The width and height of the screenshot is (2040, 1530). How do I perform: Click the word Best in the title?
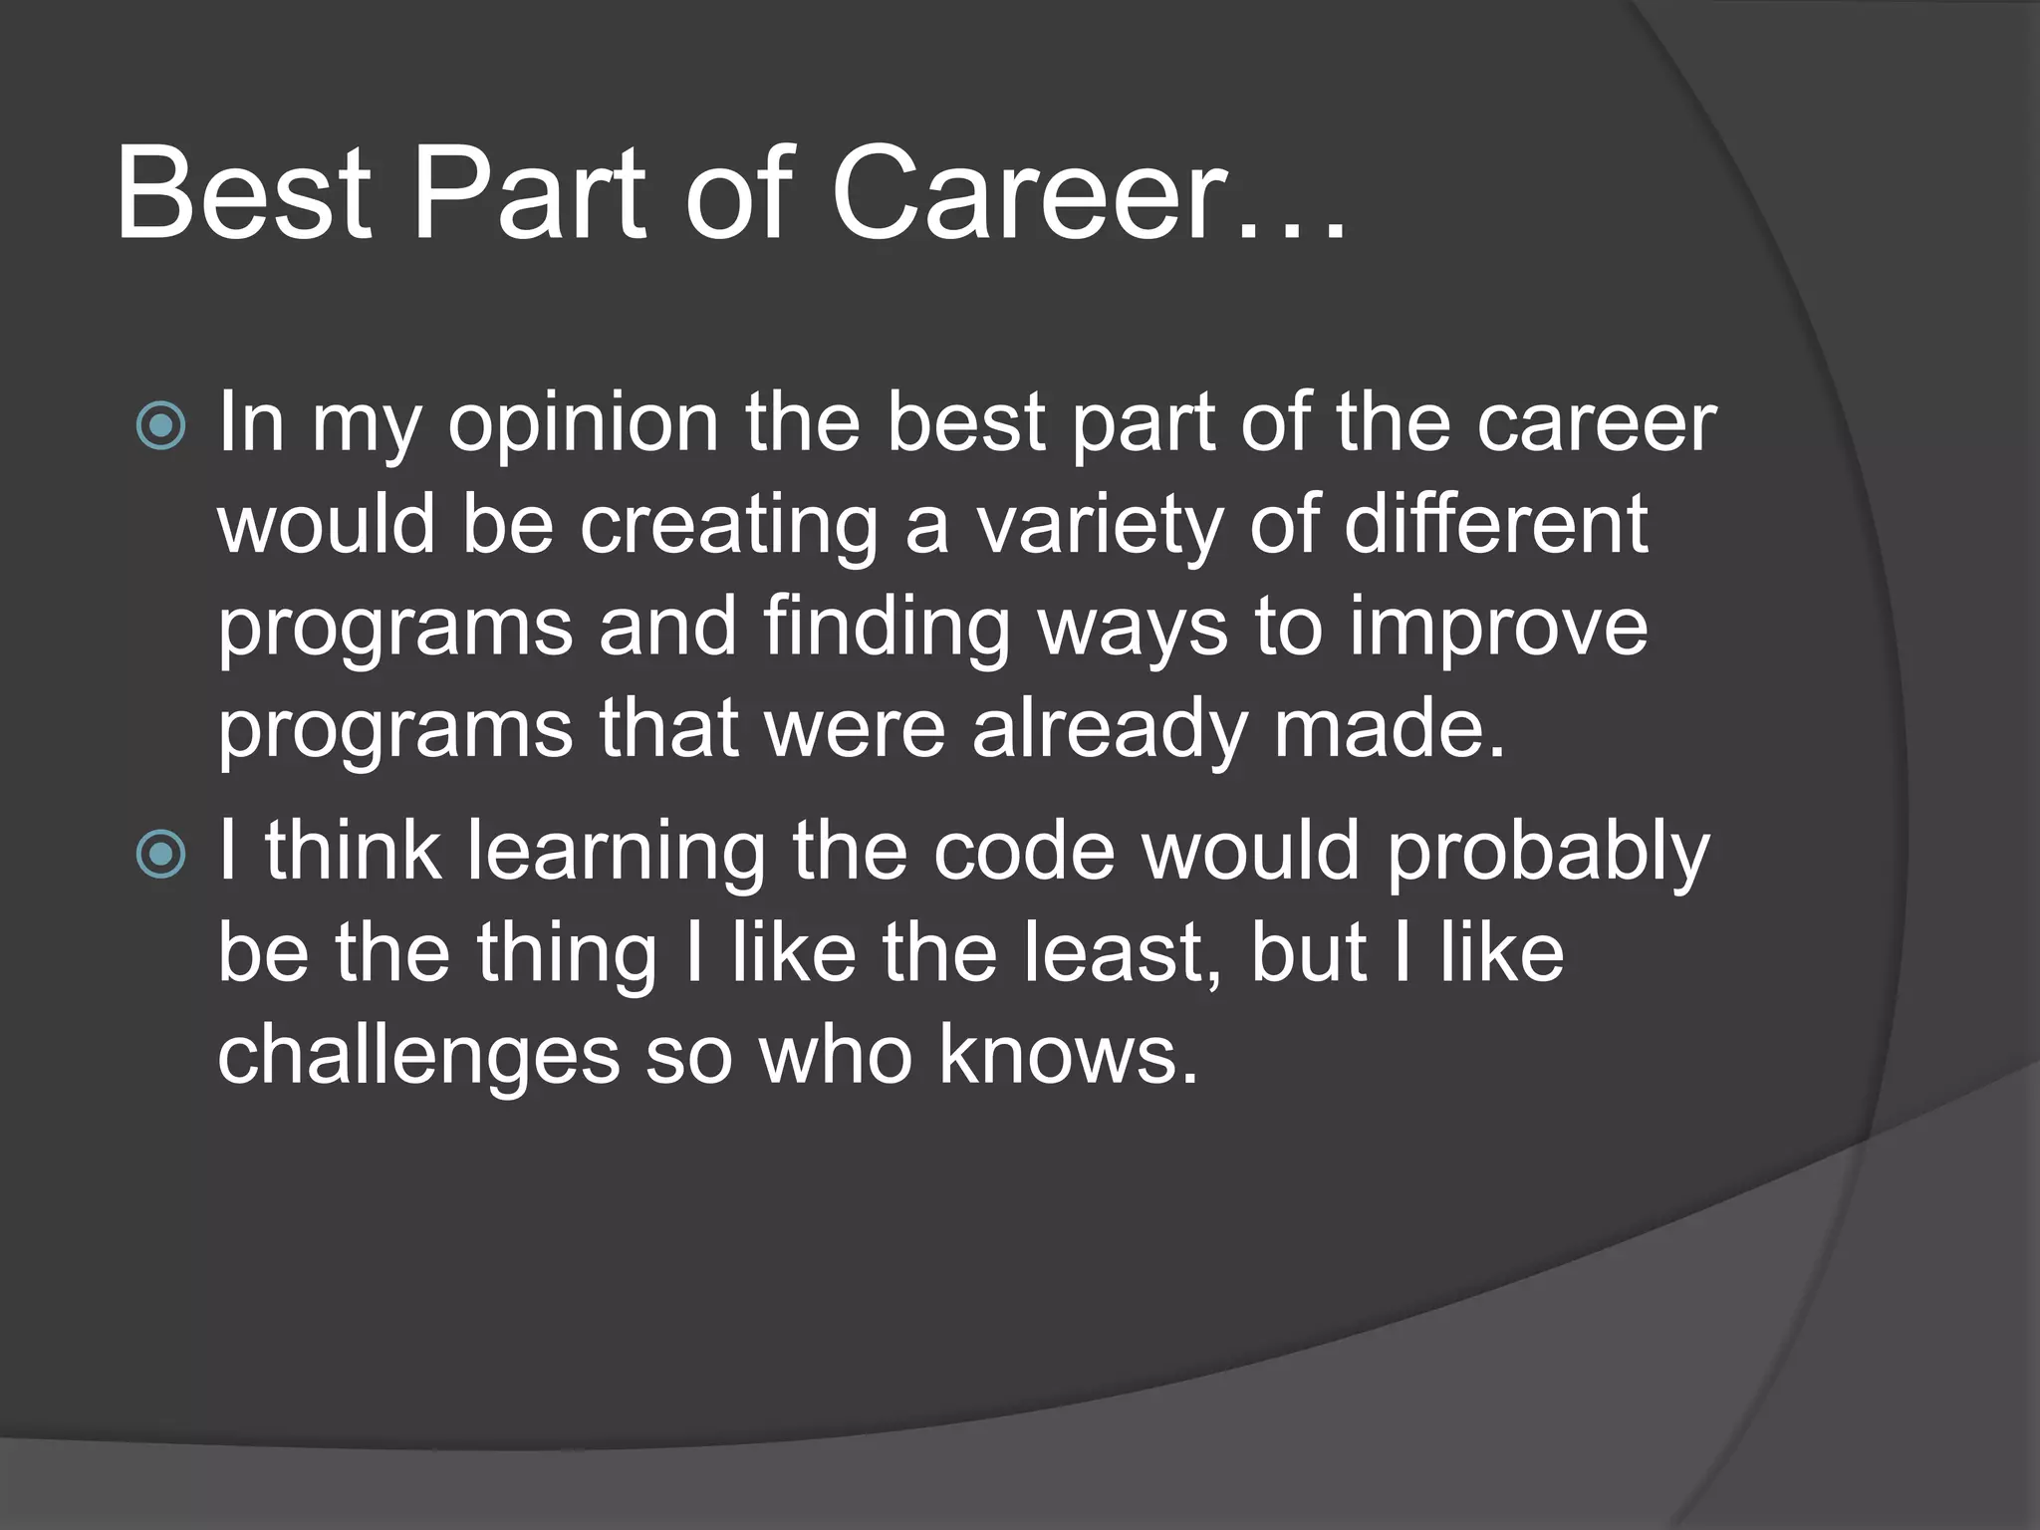pos(244,194)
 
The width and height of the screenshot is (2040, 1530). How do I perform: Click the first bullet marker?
pos(161,426)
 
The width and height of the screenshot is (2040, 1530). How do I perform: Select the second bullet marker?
pos(161,855)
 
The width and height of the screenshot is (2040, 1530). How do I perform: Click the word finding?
pos(888,630)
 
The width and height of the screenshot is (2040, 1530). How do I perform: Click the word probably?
pos(1548,855)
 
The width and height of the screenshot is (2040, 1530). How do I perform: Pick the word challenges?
pos(418,1058)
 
